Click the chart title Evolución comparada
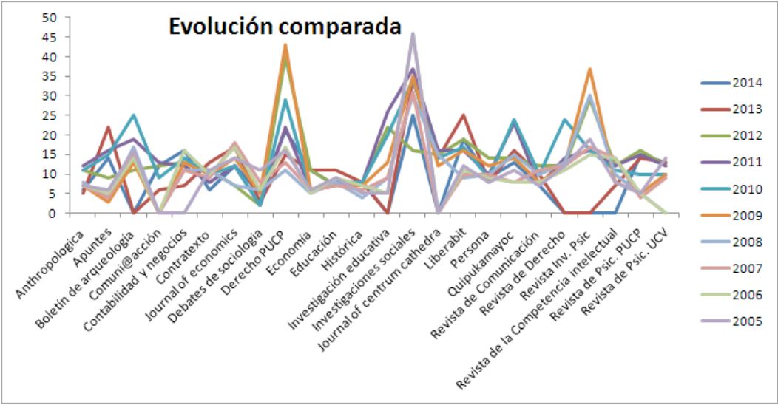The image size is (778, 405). [285, 27]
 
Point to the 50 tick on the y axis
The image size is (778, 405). [50, 18]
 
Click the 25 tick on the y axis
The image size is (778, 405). [50, 115]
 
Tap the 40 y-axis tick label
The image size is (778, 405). [50, 57]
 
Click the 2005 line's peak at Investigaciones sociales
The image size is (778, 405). [413, 34]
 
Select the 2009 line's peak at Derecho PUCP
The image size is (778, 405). [285, 45]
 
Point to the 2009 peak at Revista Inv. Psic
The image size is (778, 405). [589, 69]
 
